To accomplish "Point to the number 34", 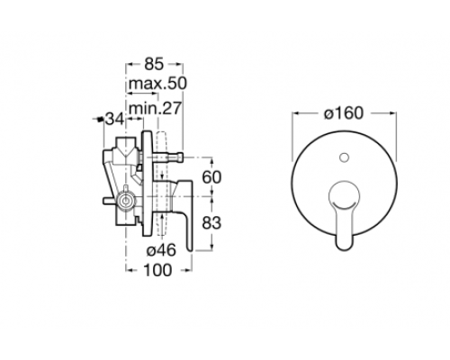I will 113,118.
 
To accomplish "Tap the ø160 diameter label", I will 343,113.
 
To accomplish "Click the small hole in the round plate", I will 343,160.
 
